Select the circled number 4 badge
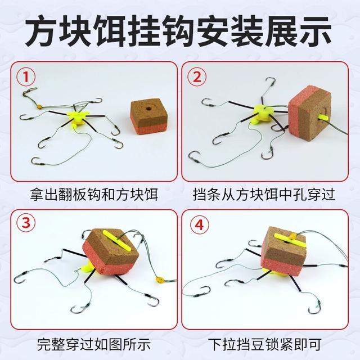pos(196,223)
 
